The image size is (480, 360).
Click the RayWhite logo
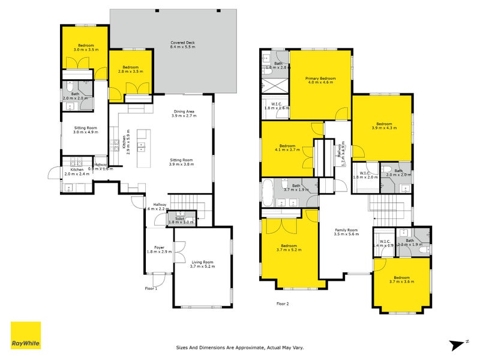click(x=26, y=335)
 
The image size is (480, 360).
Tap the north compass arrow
click(x=459, y=344)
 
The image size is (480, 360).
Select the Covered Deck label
click(x=182, y=45)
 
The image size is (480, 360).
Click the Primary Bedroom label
click(x=320, y=80)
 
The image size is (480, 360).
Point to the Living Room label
click(x=202, y=264)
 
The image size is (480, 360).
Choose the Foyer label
click(x=159, y=249)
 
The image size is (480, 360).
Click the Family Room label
click(x=346, y=232)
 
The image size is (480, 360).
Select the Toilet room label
click(x=181, y=220)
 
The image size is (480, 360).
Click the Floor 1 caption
click(x=151, y=288)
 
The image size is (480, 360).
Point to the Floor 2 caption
click(x=283, y=304)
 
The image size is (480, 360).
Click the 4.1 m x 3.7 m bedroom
click(x=287, y=150)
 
